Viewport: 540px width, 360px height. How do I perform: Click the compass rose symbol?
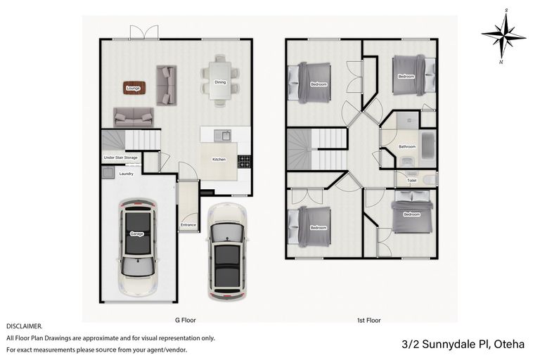click(503, 34)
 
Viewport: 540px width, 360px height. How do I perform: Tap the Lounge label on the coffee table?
click(133, 89)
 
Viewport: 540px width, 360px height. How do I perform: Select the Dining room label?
click(220, 82)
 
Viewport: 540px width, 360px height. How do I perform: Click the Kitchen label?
click(219, 160)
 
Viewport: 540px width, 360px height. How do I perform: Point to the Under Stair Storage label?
click(121, 157)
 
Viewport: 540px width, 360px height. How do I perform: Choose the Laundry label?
click(127, 173)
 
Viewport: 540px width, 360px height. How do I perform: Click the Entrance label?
click(188, 225)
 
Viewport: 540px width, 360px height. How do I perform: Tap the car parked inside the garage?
click(137, 241)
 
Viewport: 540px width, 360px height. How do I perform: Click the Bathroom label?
click(407, 147)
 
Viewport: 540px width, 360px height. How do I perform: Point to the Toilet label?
click(411, 180)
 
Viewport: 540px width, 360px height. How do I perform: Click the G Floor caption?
click(185, 320)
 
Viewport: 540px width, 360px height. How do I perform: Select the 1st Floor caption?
click(368, 320)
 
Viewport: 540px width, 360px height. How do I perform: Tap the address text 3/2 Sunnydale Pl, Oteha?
click(464, 345)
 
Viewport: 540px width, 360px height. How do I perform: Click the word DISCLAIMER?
click(25, 326)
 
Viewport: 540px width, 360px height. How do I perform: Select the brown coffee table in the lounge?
click(133, 88)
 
